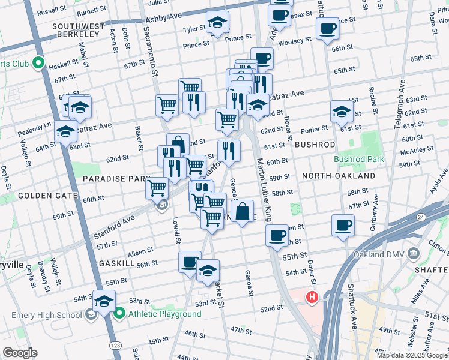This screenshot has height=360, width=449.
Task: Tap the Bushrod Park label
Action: coord(358,160)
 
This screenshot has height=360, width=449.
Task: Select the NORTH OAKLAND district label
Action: coord(339,176)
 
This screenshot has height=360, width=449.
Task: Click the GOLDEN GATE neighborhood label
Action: coord(47,196)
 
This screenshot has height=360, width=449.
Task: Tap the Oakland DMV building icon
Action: coord(413,253)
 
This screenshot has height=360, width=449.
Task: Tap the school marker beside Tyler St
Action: coord(217,24)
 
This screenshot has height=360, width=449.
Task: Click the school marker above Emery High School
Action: coord(104,300)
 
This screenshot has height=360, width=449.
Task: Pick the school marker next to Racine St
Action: coord(342,111)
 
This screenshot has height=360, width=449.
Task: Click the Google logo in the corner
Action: coord(20,353)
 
